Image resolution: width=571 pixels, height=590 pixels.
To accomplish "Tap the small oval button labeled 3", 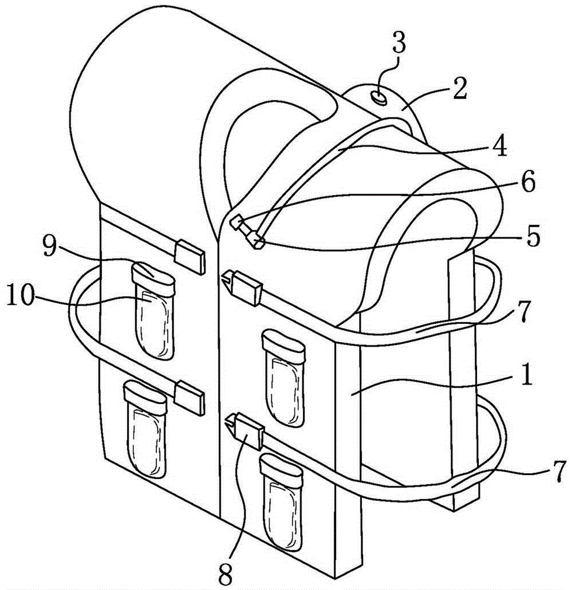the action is point(379,98).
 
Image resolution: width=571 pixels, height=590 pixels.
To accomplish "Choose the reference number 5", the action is point(533,236).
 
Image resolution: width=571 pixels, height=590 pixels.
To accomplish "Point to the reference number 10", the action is point(21,296).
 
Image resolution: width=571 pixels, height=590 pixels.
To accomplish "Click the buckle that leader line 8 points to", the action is point(243,430).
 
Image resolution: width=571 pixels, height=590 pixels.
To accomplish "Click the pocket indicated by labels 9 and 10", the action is point(154,310).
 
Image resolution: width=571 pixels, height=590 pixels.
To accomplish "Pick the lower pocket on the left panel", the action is point(145,429).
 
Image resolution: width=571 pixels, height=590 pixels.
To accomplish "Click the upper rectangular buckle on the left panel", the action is point(190,257).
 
